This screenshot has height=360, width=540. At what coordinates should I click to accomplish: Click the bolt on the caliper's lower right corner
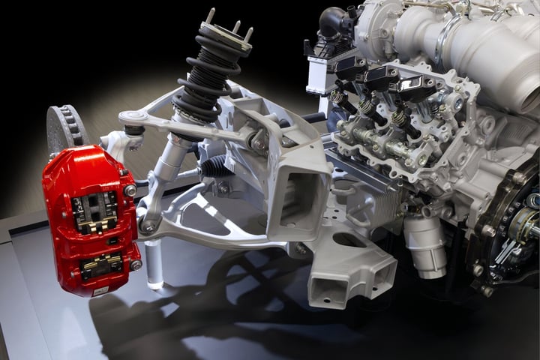[x=136, y=264]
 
